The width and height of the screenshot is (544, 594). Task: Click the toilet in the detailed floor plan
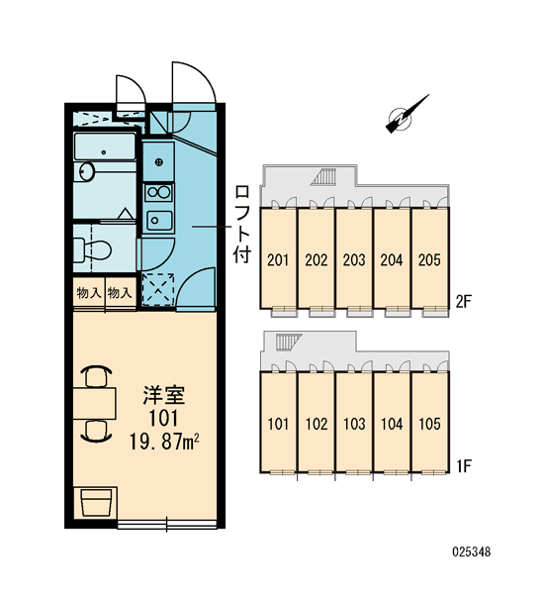92,249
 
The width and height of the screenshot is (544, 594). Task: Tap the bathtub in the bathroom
105,147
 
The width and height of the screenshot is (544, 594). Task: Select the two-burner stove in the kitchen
159,192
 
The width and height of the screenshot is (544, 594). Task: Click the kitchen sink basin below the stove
159,220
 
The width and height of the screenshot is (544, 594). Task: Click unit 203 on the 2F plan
354,258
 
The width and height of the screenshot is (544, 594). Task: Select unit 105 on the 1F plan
429,424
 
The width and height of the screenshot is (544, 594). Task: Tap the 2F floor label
463,302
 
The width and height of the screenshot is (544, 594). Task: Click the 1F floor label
463,466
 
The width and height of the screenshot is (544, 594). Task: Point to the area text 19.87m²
164,442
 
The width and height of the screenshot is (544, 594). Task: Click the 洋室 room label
163,395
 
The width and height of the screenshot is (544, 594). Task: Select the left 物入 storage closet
89,293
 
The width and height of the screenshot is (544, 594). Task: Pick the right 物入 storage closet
121,293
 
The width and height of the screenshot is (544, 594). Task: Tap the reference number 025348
472,551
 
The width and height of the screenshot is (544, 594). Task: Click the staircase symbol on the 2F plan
323,177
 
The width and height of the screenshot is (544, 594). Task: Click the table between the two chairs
94,403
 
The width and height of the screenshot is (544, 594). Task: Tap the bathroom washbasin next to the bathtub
87,171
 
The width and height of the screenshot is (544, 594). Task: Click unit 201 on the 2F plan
278,258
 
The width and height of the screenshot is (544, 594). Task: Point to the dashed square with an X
158,289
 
